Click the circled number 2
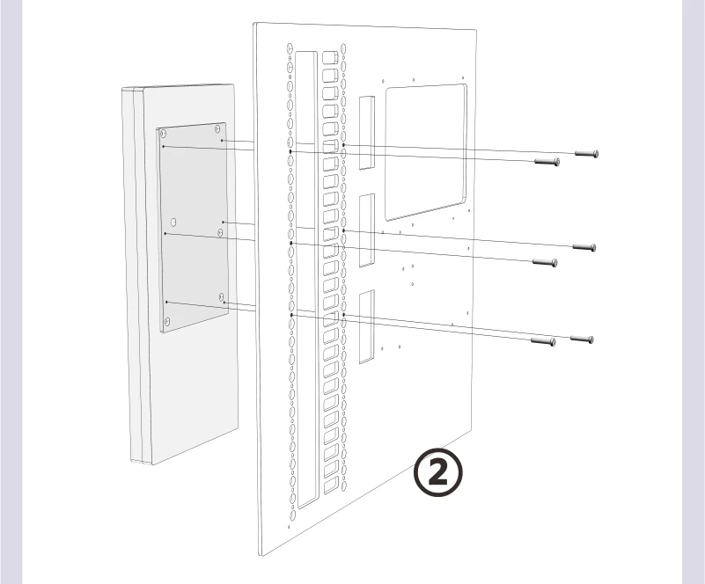click(x=437, y=472)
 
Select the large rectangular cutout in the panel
click(x=426, y=152)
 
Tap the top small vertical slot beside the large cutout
click(x=366, y=133)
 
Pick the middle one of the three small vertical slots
click(x=366, y=230)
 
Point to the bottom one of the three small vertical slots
click(x=366, y=326)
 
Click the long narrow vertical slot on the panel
click(x=306, y=280)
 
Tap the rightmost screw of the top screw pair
click(x=586, y=154)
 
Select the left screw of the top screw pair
click(x=547, y=161)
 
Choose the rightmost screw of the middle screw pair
click(x=584, y=247)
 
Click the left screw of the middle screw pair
click(x=545, y=262)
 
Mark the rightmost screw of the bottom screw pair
click(x=582, y=339)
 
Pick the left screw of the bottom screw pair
click(x=543, y=341)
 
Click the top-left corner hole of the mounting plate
click(x=163, y=134)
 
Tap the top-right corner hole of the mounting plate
click(x=217, y=129)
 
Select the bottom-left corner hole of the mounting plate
click(x=167, y=321)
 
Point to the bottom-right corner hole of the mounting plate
click(x=221, y=296)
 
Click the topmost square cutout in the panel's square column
click(x=330, y=57)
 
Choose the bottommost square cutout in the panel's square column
click(x=330, y=485)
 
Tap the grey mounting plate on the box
click(x=193, y=227)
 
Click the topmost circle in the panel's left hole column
click(x=290, y=47)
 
